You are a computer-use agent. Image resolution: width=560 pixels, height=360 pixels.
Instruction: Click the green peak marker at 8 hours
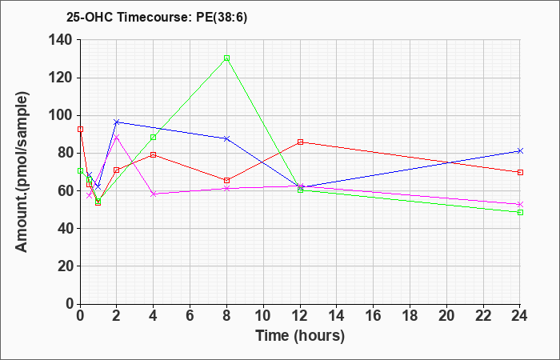point(226,58)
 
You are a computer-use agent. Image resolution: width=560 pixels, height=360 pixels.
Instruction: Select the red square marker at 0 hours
point(80,130)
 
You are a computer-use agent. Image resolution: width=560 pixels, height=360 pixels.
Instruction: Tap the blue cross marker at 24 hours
point(520,150)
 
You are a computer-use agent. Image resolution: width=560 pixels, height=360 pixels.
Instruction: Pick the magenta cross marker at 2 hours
point(117,137)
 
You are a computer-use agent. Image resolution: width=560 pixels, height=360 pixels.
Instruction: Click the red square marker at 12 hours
point(300,142)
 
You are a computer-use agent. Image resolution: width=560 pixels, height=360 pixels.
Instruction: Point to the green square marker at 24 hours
point(520,213)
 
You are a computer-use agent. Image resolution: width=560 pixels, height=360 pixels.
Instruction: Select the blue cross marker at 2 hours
point(117,122)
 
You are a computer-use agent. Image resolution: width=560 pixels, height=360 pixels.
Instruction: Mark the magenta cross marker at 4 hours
point(154,194)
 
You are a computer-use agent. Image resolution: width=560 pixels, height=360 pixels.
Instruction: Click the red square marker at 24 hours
point(520,172)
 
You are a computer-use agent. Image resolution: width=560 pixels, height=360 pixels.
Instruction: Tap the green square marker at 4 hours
point(154,137)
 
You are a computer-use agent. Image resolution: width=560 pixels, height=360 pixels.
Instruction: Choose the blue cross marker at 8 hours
point(226,138)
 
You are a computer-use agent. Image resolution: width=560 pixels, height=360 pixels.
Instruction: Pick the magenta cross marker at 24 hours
point(520,204)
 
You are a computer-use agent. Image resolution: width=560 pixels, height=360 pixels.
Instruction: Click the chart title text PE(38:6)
point(222,18)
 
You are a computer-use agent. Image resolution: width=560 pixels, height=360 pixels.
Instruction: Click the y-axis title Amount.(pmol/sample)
point(22,172)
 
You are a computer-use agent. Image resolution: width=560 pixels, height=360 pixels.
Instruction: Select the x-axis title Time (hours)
point(300,336)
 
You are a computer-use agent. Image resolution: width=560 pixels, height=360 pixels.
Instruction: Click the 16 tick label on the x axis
point(374,316)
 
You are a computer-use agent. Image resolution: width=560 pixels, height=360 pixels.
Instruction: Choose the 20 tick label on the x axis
point(446,316)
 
